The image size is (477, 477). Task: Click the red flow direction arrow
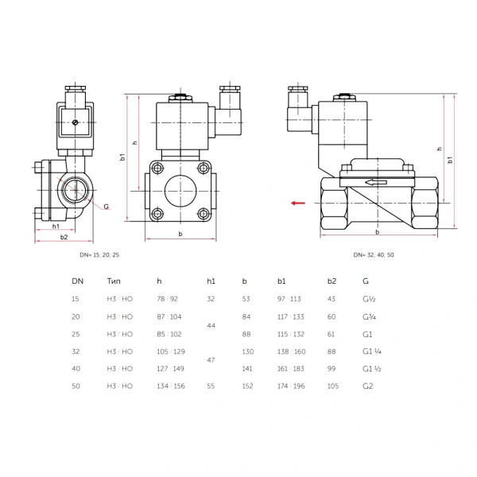click(x=298, y=203)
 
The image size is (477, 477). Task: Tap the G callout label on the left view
click(x=107, y=207)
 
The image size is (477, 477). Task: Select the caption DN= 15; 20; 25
click(x=99, y=255)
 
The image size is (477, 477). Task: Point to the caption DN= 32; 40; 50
click(x=374, y=255)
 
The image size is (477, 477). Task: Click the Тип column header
click(x=114, y=281)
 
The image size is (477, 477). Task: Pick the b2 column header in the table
click(x=332, y=281)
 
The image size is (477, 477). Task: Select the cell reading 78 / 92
click(x=167, y=299)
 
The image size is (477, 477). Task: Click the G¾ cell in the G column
click(x=370, y=316)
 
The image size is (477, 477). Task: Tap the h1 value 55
click(x=211, y=386)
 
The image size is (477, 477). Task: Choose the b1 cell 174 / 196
click(x=291, y=386)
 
